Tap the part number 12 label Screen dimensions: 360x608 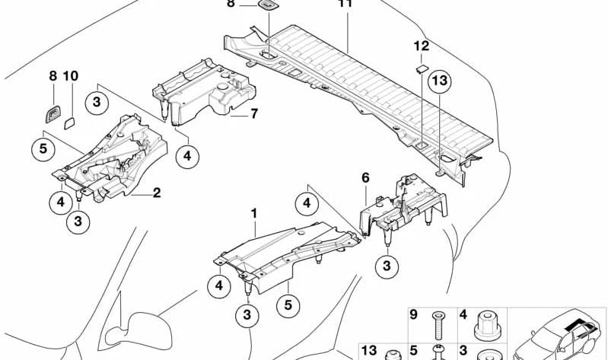[x=421, y=46]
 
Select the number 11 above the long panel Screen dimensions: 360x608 [x=345, y=4]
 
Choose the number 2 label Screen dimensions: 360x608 [x=156, y=193]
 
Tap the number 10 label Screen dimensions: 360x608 [x=71, y=76]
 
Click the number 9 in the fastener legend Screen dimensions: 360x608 [x=414, y=314]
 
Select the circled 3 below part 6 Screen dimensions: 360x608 [x=387, y=265]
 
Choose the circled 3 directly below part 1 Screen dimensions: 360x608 [x=248, y=314]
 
